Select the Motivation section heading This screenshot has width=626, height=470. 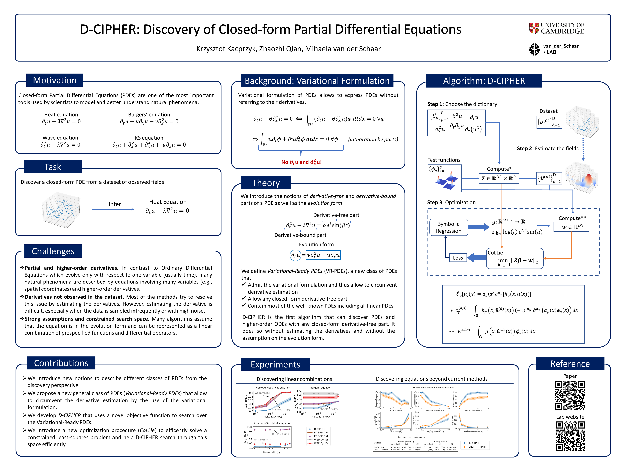click(x=55, y=80)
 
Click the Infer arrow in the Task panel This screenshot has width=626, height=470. click(x=113, y=209)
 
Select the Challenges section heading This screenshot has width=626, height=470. click(x=53, y=251)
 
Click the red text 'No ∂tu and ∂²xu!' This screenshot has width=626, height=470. click(x=301, y=162)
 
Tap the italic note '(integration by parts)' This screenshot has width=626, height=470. click(x=373, y=139)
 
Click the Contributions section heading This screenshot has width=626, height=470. click(x=61, y=363)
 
